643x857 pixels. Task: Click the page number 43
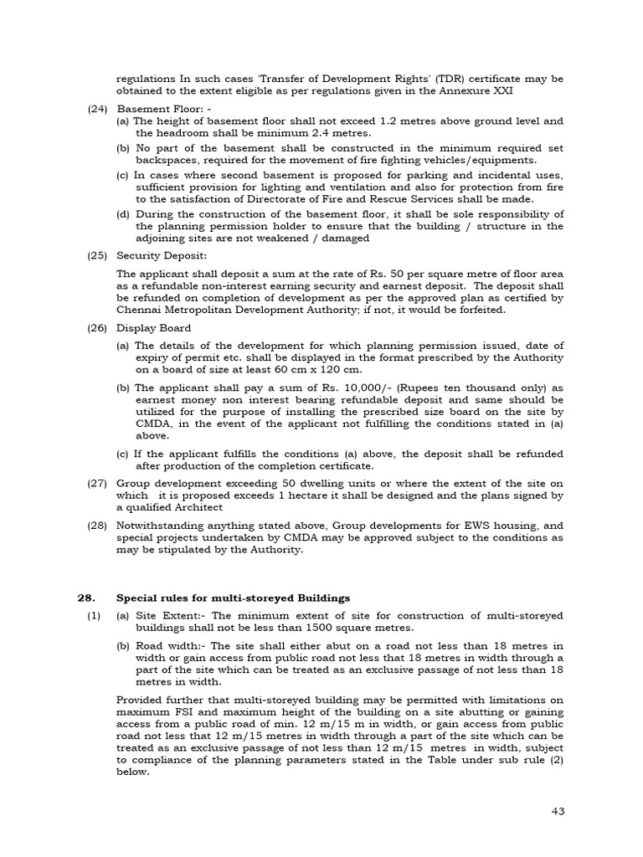coord(560,811)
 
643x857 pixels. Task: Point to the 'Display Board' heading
coord(154,328)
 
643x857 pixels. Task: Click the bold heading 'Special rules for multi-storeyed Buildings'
coord(233,598)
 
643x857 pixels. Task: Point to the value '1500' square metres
coord(315,628)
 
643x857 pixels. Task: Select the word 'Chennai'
coord(141,310)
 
